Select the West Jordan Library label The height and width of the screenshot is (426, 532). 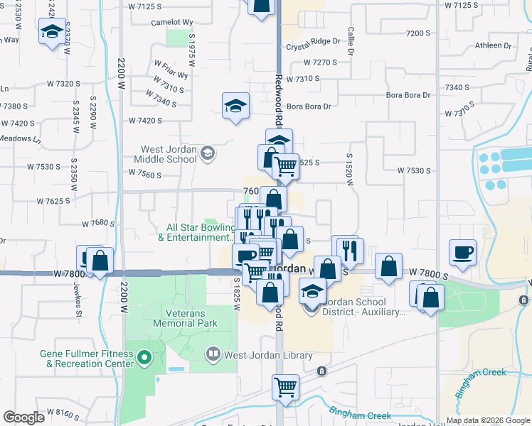coord(268,355)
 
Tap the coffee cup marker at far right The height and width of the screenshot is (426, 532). coord(462,252)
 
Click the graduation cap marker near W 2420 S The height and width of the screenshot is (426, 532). coord(52,31)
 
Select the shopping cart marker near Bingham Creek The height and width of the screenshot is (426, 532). coord(285,388)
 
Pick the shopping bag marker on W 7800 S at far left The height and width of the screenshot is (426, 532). coord(100,261)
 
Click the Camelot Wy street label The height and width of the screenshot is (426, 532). coord(172,22)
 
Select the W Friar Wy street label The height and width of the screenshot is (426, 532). coord(171,69)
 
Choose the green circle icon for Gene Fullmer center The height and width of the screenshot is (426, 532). coord(145,358)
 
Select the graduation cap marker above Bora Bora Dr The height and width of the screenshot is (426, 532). coord(235,106)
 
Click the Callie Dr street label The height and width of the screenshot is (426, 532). coord(351,42)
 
